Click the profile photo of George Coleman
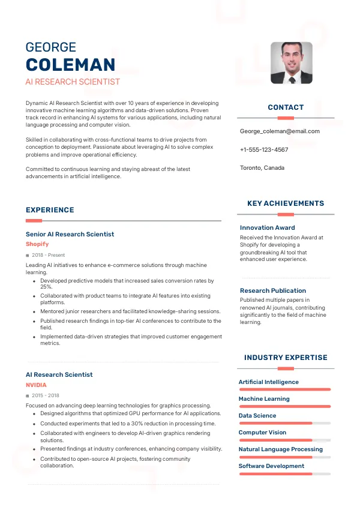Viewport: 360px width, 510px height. pyautogui.click(x=292, y=62)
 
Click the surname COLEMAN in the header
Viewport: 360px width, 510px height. pyautogui.click(x=70, y=65)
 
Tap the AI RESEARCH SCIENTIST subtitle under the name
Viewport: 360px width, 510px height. pyautogui.click(x=73, y=82)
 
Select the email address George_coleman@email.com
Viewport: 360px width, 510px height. pyautogui.click(x=280, y=131)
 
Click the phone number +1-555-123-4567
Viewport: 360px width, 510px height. pyautogui.click(x=264, y=149)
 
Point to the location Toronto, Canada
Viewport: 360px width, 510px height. pyautogui.click(x=262, y=167)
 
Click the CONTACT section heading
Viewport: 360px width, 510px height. pyautogui.click(x=286, y=107)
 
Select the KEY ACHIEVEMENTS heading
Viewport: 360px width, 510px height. pyautogui.click(x=286, y=203)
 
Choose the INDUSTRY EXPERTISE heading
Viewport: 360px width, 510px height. pyautogui.click(x=286, y=358)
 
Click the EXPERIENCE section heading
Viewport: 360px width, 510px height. pyautogui.click(x=50, y=210)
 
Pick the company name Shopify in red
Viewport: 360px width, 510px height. pyautogui.click(x=37, y=244)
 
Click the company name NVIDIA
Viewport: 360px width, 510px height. pyautogui.click(x=36, y=385)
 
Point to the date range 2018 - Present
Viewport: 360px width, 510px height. pyautogui.click(x=49, y=255)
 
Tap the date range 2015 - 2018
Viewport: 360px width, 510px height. pyautogui.click(x=46, y=395)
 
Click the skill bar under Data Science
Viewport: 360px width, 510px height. pyautogui.click(x=284, y=423)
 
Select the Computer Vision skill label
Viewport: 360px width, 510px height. pyautogui.click(x=262, y=432)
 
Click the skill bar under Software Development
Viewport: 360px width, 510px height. pyautogui.click(x=284, y=473)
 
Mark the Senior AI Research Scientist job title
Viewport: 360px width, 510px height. pyautogui.click(x=70, y=234)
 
